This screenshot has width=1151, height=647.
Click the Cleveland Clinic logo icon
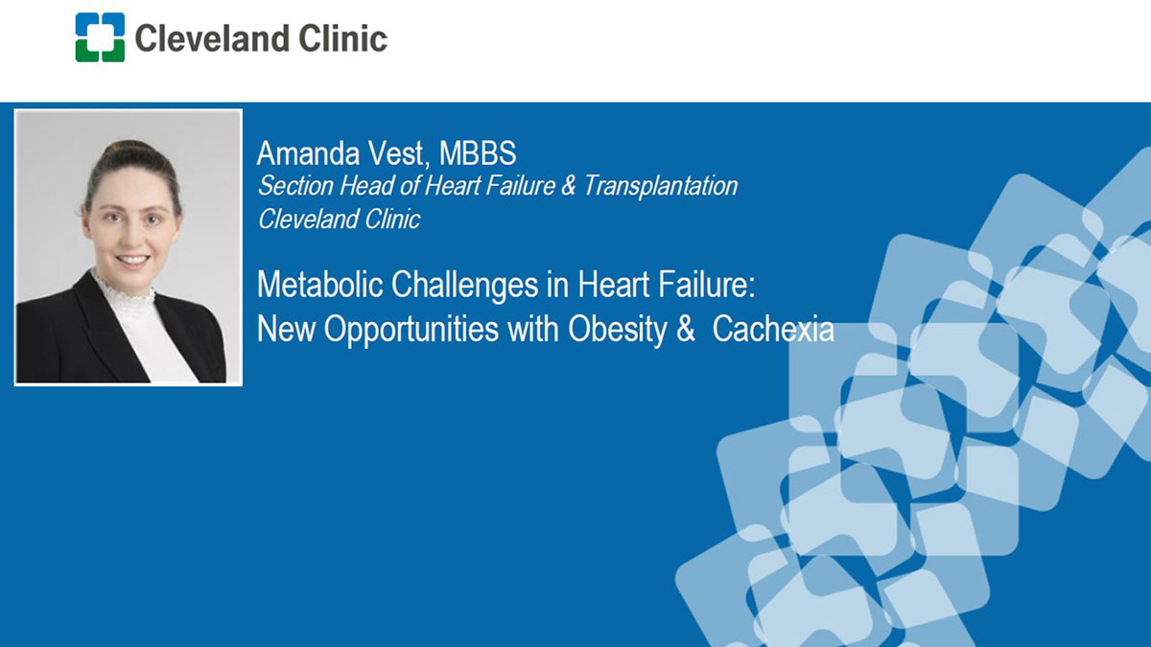pyautogui.click(x=100, y=37)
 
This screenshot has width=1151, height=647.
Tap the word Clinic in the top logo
pyautogui.click(x=343, y=38)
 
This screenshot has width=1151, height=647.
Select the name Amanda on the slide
pyautogui.click(x=308, y=153)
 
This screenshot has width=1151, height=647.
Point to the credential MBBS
pyautogui.click(x=478, y=153)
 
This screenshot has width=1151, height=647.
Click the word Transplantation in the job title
pyautogui.click(x=661, y=185)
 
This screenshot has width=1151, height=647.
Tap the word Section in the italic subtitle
pyautogui.click(x=295, y=185)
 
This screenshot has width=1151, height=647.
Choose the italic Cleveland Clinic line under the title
pyautogui.click(x=340, y=219)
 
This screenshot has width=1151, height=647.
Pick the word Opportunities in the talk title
pyautogui.click(x=411, y=329)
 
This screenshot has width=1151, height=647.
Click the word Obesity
pyautogui.click(x=618, y=329)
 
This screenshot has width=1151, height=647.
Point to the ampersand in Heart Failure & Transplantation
pyautogui.click(x=568, y=185)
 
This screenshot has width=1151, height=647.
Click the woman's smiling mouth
pyautogui.click(x=132, y=260)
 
